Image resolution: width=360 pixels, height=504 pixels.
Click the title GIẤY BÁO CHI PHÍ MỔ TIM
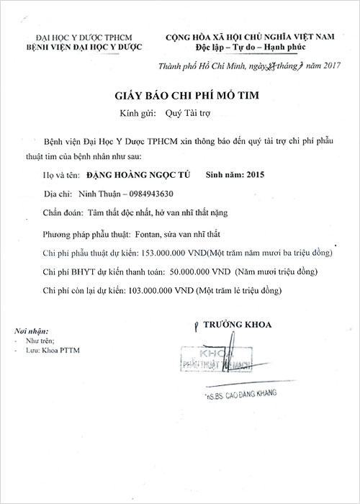179,94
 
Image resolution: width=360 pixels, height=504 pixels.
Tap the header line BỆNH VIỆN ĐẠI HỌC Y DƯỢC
84,47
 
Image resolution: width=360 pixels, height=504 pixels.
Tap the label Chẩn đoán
63,214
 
